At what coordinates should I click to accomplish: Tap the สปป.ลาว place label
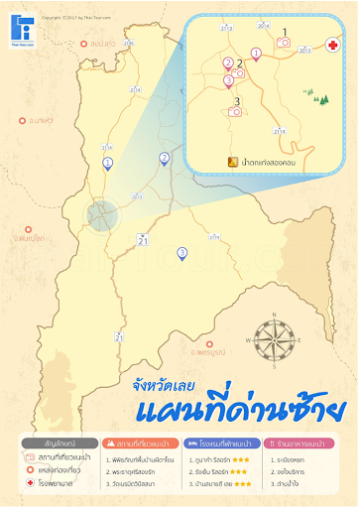[99, 44]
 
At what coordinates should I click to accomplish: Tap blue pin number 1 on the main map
[108, 163]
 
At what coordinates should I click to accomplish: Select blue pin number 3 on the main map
[181, 253]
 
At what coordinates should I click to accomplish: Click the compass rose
[276, 334]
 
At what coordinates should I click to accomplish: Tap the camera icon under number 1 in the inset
[284, 43]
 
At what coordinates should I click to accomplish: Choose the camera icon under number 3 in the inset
[236, 112]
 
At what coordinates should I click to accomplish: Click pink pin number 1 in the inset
[257, 56]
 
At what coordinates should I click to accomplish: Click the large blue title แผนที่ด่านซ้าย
[238, 406]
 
